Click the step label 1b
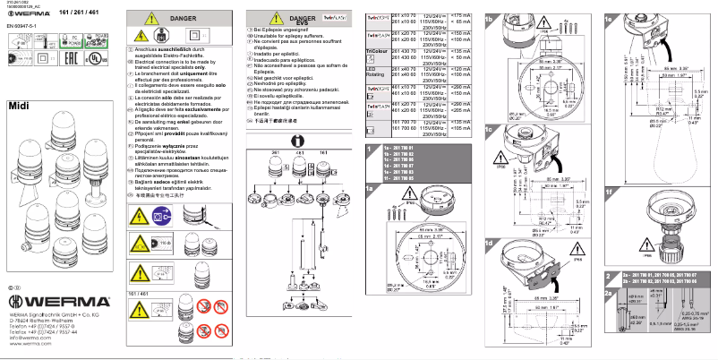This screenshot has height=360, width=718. tap(489, 17)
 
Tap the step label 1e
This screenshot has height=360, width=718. tap(610, 17)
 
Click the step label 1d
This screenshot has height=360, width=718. tap(489, 243)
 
